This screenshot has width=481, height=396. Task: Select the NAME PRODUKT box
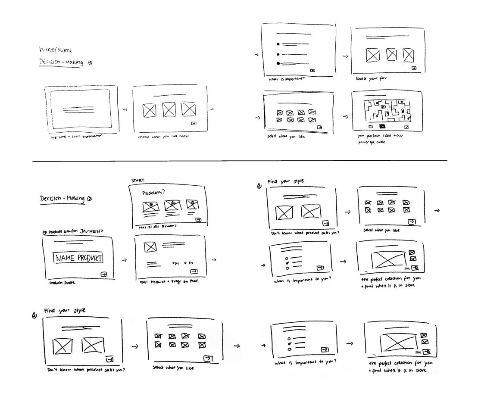78,258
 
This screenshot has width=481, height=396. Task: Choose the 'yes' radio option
175,262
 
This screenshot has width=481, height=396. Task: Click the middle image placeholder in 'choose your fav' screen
391,55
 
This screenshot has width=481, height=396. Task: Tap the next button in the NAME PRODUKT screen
103,274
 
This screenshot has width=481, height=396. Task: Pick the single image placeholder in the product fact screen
150,247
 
